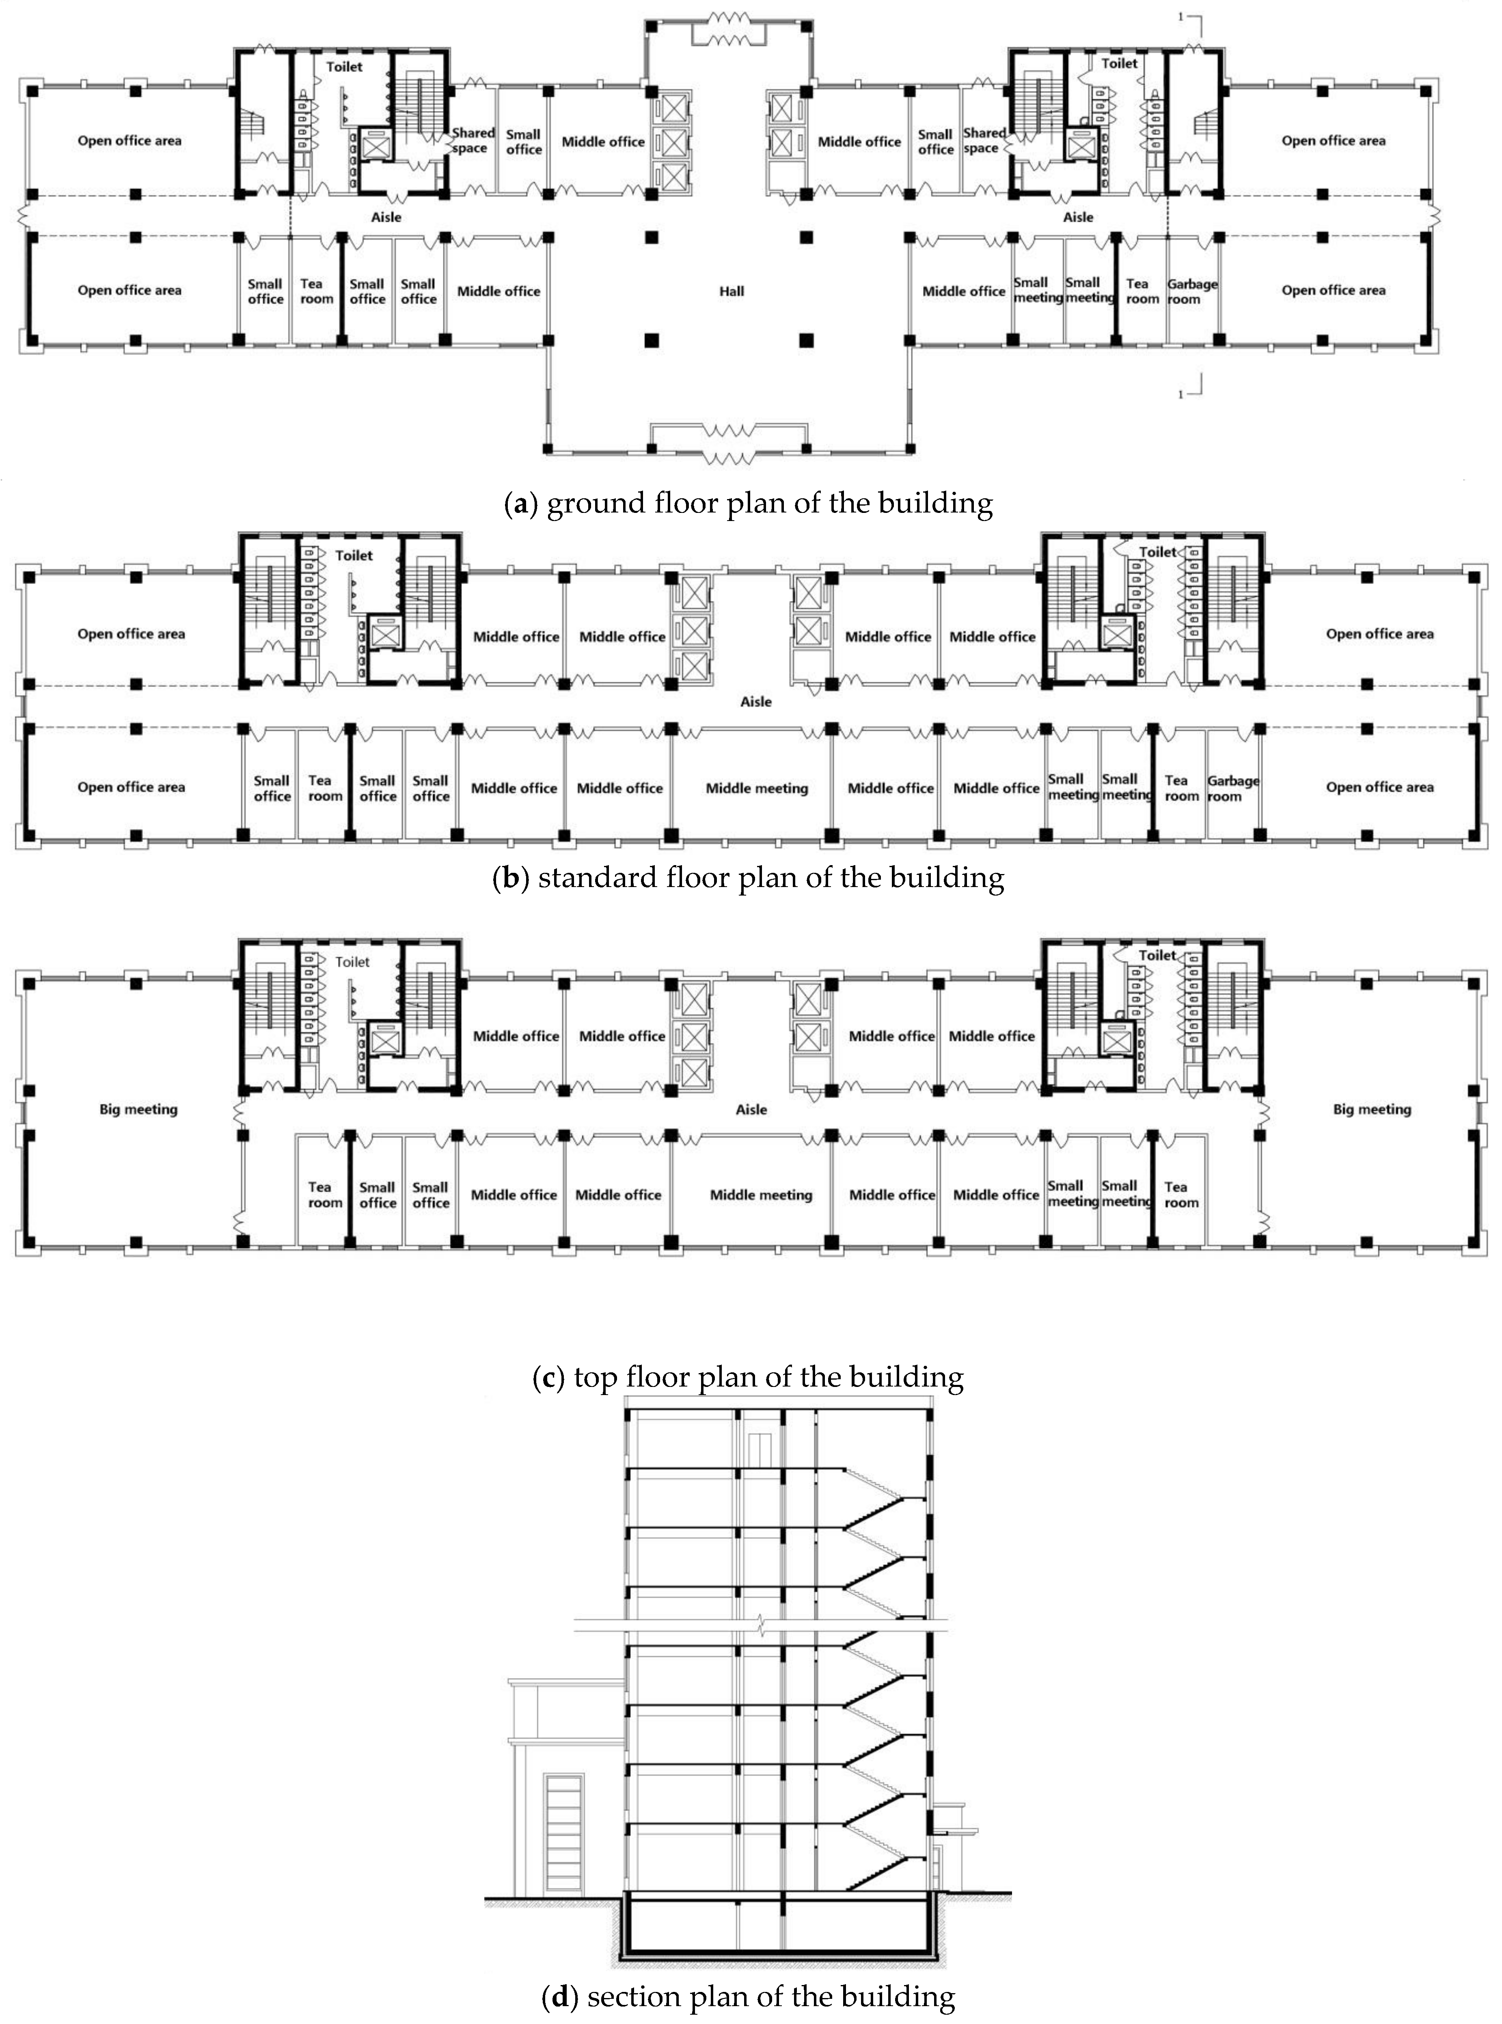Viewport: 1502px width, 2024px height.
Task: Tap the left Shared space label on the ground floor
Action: (472, 141)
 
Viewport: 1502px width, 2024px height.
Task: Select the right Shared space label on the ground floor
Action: (984, 141)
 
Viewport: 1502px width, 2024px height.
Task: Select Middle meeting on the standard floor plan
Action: (756, 788)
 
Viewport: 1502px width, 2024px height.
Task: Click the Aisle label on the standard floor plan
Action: (755, 702)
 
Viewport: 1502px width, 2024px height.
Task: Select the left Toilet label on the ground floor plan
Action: (344, 67)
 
